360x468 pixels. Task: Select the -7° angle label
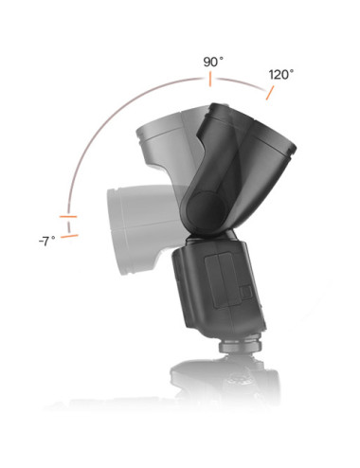(45, 242)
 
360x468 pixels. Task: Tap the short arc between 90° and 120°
(241, 83)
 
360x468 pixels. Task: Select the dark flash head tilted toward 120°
(251, 161)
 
